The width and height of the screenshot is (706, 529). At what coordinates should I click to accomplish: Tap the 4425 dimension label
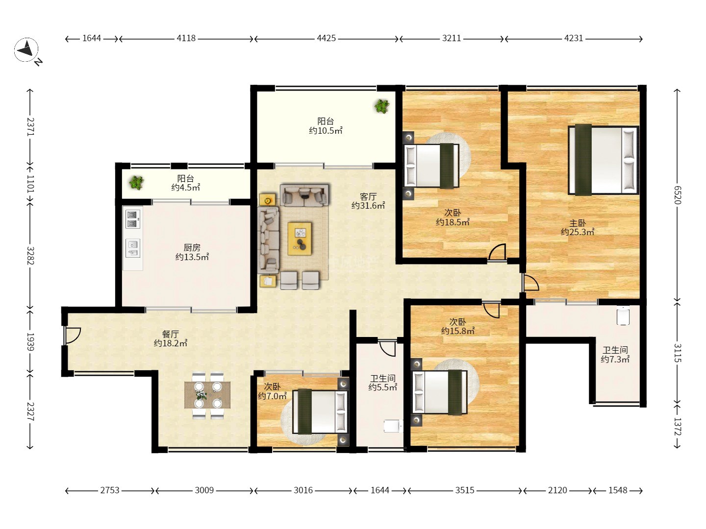tap(326, 38)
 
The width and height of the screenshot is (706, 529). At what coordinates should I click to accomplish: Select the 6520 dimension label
tap(678, 195)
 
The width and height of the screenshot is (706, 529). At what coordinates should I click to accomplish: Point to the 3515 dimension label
tap(465, 490)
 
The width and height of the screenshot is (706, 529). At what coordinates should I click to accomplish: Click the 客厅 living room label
tap(368, 196)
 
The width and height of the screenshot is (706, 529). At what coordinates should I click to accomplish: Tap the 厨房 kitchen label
tap(192, 247)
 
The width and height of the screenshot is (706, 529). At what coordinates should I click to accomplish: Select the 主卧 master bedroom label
tap(578, 222)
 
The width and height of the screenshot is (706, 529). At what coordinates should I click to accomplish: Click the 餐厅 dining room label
tap(171, 334)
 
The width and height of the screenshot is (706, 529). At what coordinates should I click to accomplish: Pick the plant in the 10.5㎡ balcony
tap(382, 106)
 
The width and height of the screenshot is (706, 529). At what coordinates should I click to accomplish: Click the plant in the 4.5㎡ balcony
tap(136, 182)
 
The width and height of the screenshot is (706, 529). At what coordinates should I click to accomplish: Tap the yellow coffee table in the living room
tap(300, 239)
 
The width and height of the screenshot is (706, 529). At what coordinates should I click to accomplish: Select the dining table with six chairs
tap(207, 395)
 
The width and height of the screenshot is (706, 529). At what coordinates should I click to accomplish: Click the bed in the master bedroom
tap(604, 160)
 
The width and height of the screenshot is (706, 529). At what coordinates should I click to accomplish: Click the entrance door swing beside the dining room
tap(72, 336)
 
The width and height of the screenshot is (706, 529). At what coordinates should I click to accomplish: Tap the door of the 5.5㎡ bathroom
tap(387, 348)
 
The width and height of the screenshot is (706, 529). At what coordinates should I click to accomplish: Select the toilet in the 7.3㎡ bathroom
tap(623, 316)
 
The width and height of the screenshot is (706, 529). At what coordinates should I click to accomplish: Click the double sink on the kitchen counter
tap(133, 219)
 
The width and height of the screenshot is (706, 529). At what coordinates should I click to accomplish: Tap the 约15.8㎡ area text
tap(458, 331)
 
